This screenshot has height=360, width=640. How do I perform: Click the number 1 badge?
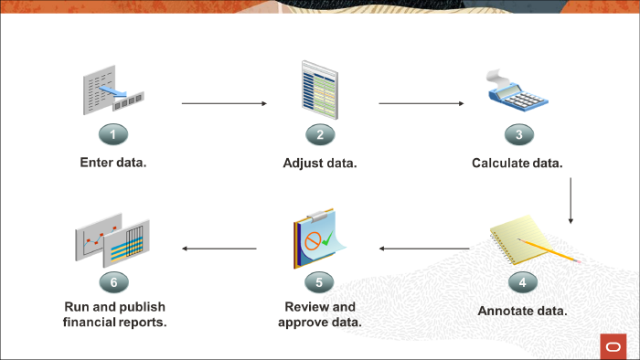click(x=113, y=134)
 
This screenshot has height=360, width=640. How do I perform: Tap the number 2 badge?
click(x=320, y=134)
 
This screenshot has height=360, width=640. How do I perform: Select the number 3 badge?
click(x=518, y=134)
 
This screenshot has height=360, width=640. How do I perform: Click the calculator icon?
click(x=516, y=95)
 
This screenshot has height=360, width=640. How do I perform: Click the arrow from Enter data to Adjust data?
click(x=224, y=103)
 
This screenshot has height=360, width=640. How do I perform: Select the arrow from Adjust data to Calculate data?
click(x=421, y=103)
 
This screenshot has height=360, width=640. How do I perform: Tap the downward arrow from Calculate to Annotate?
click(x=571, y=201)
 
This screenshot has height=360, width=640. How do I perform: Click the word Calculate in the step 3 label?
click(x=501, y=163)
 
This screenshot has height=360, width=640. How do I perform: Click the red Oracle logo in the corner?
click(x=613, y=345)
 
